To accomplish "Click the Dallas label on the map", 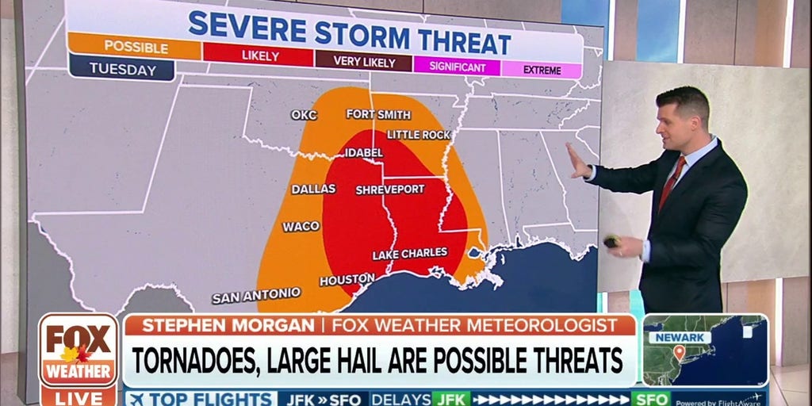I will click(x=313, y=190).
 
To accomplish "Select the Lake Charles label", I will click(x=409, y=253).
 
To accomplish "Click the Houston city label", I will click(x=347, y=279).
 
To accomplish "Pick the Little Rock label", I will click(x=419, y=135).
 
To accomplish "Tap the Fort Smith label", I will click(x=372, y=114).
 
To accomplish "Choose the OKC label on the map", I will click(x=304, y=115).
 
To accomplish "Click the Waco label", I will click(x=301, y=227).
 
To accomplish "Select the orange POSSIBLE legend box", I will click(x=135, y=47).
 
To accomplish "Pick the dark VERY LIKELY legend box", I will click(x=363, y=59).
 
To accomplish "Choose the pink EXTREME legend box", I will click(x=542, y=70).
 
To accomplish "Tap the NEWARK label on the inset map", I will click(x=680, y=337).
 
